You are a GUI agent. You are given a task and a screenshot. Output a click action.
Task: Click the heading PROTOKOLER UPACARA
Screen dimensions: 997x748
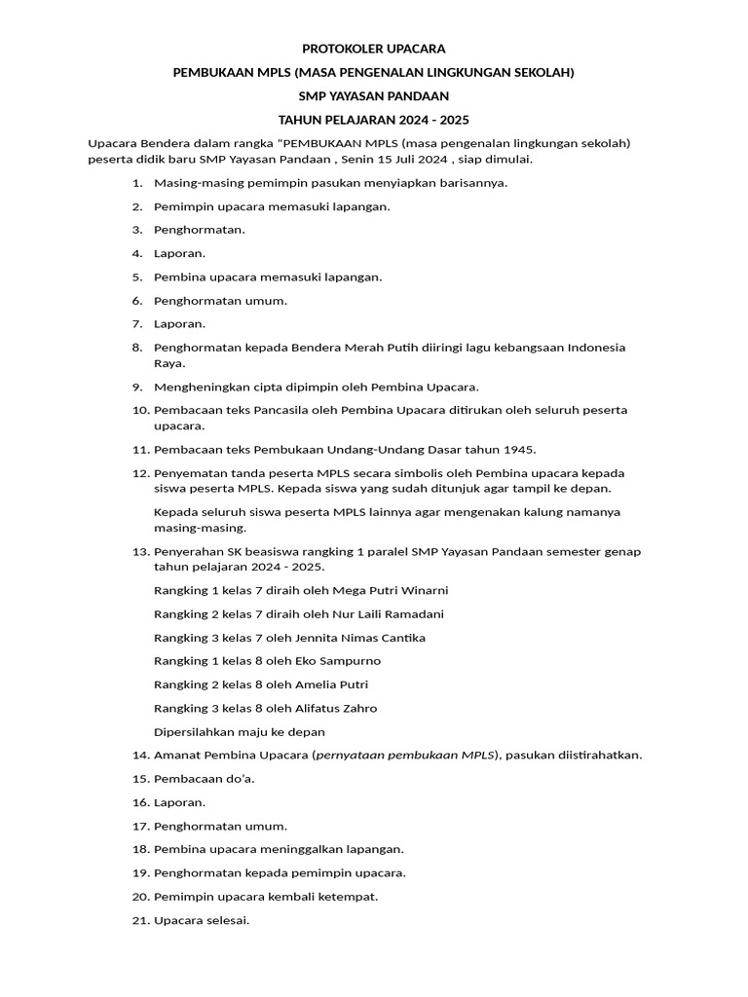[373, 48]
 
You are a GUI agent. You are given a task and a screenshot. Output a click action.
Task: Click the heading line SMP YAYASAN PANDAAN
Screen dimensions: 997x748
[373, 95]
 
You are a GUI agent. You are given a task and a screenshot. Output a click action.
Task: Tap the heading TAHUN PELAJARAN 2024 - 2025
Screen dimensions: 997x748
[373, 120]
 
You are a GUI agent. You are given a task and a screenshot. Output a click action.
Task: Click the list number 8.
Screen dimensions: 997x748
[137, 348]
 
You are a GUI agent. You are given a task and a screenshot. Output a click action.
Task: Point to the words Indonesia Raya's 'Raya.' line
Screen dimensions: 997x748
[169, 363]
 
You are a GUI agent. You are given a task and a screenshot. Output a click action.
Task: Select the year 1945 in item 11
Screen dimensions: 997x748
[520, 449]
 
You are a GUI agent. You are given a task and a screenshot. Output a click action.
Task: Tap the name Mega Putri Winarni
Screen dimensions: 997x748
[391, 590]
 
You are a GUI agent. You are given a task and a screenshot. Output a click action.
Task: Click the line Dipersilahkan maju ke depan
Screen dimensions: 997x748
[240, 732]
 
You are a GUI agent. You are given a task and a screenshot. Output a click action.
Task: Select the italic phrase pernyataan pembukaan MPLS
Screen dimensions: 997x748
[405, 756]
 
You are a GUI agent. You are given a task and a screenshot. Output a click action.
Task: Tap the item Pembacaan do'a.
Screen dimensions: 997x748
[205, 779]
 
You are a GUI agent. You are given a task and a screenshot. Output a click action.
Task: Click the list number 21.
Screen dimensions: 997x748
[138, 920]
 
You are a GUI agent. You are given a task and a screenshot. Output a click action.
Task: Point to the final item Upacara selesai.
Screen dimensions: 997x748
[202, 920]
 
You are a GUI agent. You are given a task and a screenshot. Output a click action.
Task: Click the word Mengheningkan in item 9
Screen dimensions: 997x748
[202, 387]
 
